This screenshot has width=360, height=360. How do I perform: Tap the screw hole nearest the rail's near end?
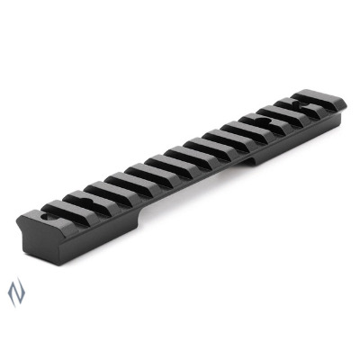[x=44, y=217]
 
